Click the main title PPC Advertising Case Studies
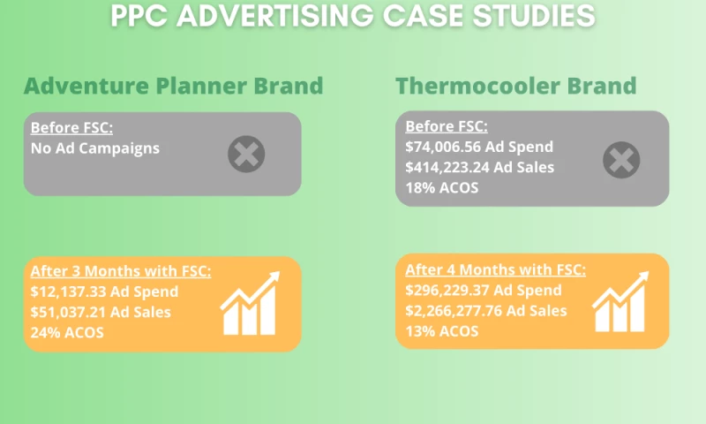click(x=353, y=16)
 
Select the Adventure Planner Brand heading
click(x=173, y=86)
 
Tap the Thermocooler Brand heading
click(x=516, y=86)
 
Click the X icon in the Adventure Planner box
click(x=246, y=155)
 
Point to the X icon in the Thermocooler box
click(x=621, y=160)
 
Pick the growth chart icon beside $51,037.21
click(x=250, y=304)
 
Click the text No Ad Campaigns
click(x=95, y=148)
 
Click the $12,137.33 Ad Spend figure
click(x=104, y=291)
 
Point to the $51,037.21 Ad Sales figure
click(x=101, y=312)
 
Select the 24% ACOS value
click(x=67, y=332)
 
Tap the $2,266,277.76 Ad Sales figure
click(x=486, y=310)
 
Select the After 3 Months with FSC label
click(x=121, y=271)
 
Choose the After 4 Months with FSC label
click(x=496, y=269)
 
